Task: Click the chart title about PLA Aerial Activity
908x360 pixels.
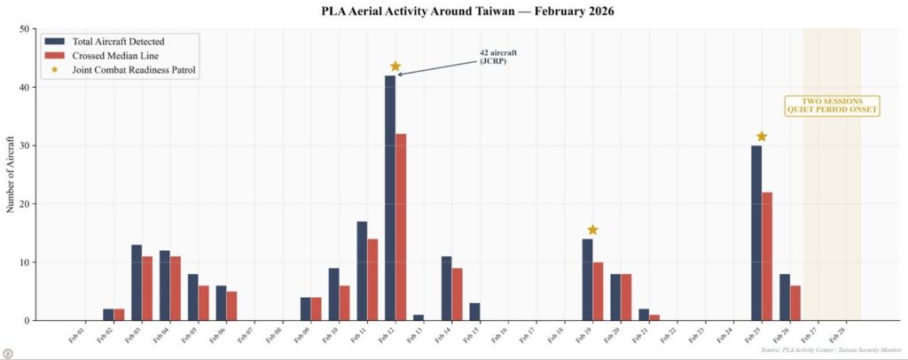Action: click(x=454, y=12)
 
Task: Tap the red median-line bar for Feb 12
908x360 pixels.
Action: click(x=401, y=227)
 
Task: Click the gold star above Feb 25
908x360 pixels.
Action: click(x=762, y=137)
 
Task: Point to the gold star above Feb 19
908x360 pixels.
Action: click(x=592, y=231)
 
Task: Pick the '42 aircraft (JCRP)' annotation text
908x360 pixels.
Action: click(x=497, y=57)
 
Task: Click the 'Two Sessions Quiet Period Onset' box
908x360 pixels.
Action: click(x=832, y=106)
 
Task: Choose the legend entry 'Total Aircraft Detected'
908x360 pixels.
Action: click(x=118, y=41)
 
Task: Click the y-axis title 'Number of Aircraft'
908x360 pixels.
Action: click(x=11, y=174)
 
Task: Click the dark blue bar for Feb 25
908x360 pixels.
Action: click(x=756, y=232)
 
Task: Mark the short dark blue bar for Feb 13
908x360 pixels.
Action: click(x=419, y=317)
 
